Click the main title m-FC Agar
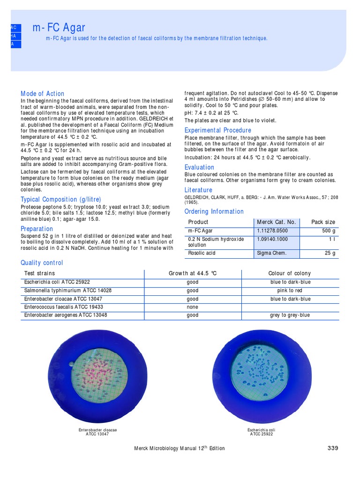pyautogui.click(x=59, y=28)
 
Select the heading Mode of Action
pyautogui.click(x=43, y=94)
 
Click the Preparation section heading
pyautogui.click(x=37, y=229)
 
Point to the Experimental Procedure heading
pyautogui.click(x=218, y=130)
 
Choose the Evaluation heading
pyautogui.click(x=199, y=167)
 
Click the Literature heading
pyautogui.click(x=198, y=190)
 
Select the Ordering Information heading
pyautogui.click(x=214, y=211)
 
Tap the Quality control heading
pyautogui.click(x=42, y=263)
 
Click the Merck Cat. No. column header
pyautogui.click(x=277, y=222)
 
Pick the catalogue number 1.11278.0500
pyautogui.click(x=273, y=231)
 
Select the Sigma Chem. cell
pyautogui.click(x=271, y=253)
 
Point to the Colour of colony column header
pyautogui.click(x=289, y=273)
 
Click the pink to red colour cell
pyautogui.click(x=289, y=291)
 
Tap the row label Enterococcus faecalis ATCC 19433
pyautogui.click(x=64, y=307)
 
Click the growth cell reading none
pyautogui.click(x=192, y=307)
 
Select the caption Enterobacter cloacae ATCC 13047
pyautogui.click(x=97, y=432)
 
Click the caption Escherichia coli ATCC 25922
pyautogui.click(x=261, y=432)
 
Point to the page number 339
pyautogui.click(x=332, y=448)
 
